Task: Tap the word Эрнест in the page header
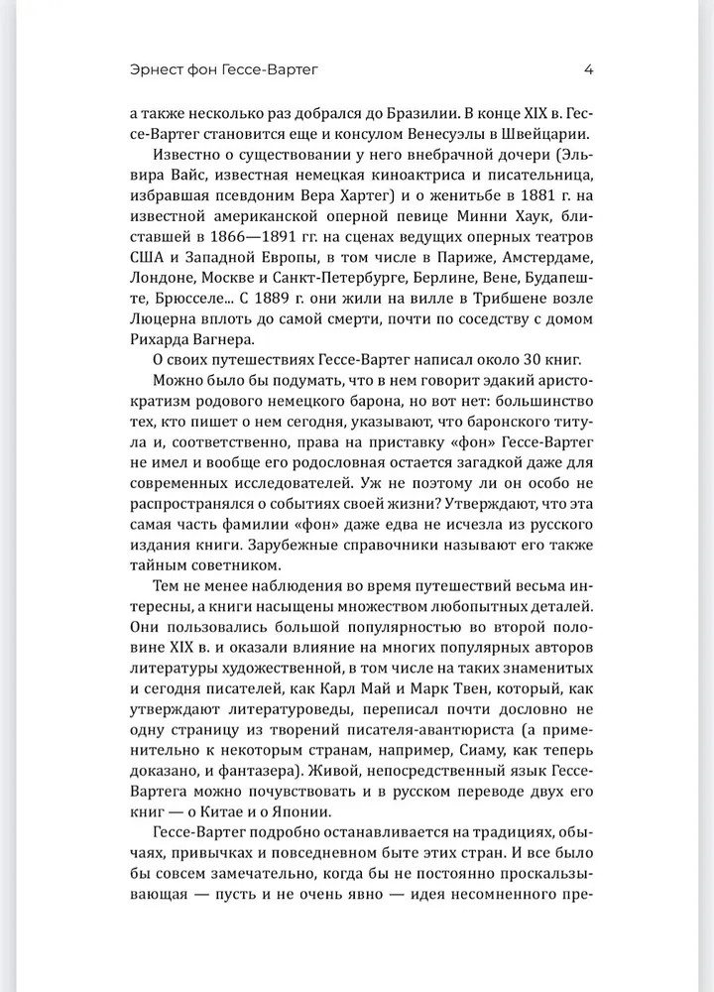click(159, 70)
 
